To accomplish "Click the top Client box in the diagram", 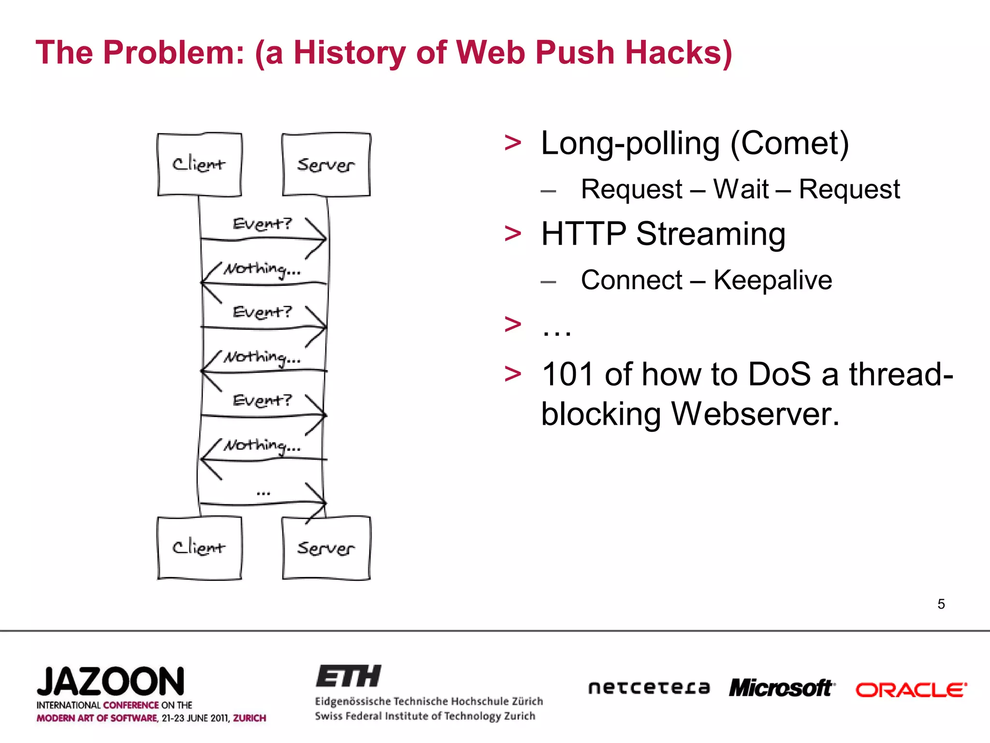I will pyautogui.click(x=199, y=164).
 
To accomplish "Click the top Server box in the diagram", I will pyautogui.click(x=326, y=164).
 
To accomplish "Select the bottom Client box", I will pyautogui.click(x=199, y=548).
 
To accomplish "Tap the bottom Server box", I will pyautogui.click(x=326, y=548).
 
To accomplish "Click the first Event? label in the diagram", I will pyautogui.click(x=262, y=224).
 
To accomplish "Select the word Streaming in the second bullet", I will pyautogui.click(x=711, y=234).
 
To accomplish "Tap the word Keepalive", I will pyautogui.click(x=772, y=280).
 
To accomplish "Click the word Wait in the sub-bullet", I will pyautogui.click(x=741, y=189).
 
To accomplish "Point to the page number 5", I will pyautogui.click(x=941, y=604).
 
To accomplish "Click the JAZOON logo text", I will pyautogui.click(x=111, y=682).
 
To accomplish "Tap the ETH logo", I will pyautogui.click(x=348, y=676).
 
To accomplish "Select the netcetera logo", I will pyautogui.click(x=649, y=688).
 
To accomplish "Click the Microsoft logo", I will pyautogui.click(x=782, y=688).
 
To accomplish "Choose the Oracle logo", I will pyautogui.click(x=911, y=690).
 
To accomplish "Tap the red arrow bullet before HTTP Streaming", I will pyautogui.click(x=512, y=233).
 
